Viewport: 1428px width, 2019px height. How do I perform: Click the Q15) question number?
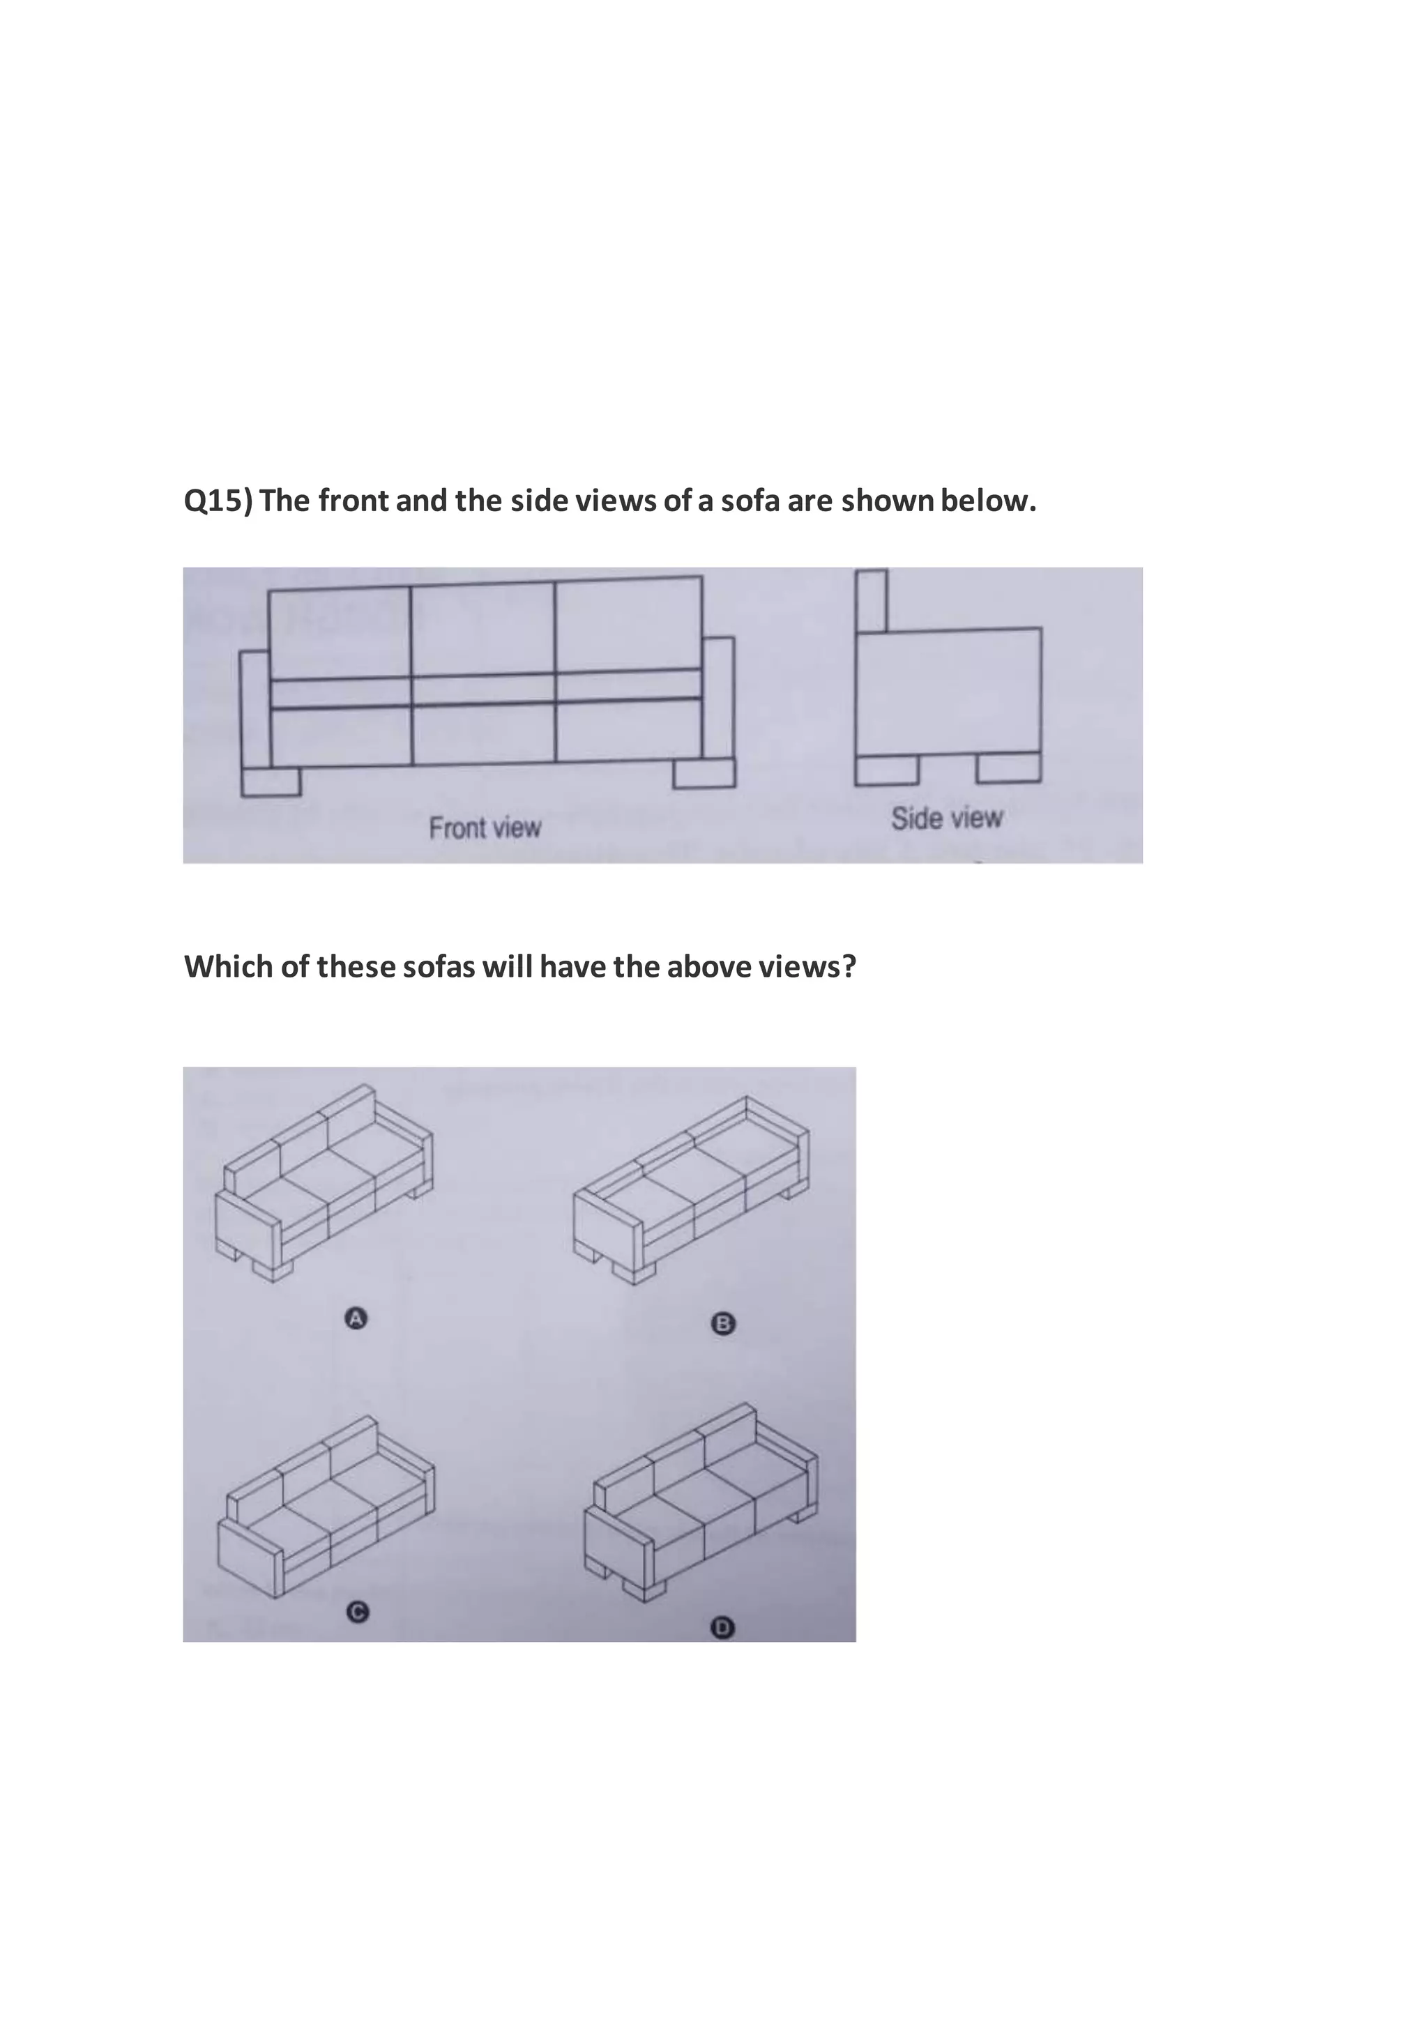(x=217, y=501)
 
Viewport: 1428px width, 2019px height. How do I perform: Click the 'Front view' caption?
(x=485, y=828)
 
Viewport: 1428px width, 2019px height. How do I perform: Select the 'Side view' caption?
(x=946, y=818)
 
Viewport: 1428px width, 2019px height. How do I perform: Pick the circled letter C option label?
(x=356, y=1611)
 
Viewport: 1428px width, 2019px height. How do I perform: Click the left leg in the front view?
(x=271, y=781)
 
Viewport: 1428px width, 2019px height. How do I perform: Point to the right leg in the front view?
(x=704, y=774)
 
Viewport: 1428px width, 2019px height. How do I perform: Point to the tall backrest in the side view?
(x=872, y=600)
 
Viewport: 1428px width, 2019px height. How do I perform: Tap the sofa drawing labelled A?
(x=323, y=1182)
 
